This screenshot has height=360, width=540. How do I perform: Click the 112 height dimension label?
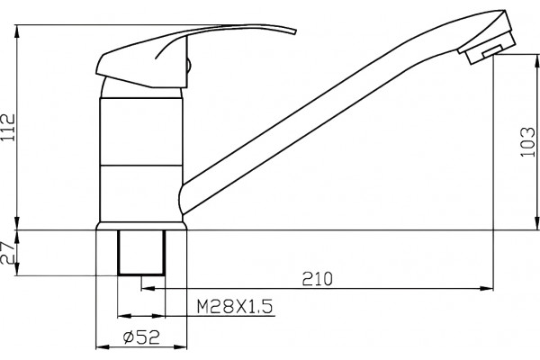(8, 127)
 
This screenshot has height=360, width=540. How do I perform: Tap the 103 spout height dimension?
(526, 142)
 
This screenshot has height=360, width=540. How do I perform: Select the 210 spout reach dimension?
(317, 279)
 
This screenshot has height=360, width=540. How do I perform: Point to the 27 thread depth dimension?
(7, 252)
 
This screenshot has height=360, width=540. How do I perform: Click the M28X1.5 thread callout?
(235, 306)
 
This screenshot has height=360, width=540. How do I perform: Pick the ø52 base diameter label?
(141, 337)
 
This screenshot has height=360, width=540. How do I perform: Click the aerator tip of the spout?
(490, 49)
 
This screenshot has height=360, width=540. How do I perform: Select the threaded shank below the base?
(141, 253)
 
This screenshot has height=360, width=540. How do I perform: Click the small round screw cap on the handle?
(188, 66)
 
